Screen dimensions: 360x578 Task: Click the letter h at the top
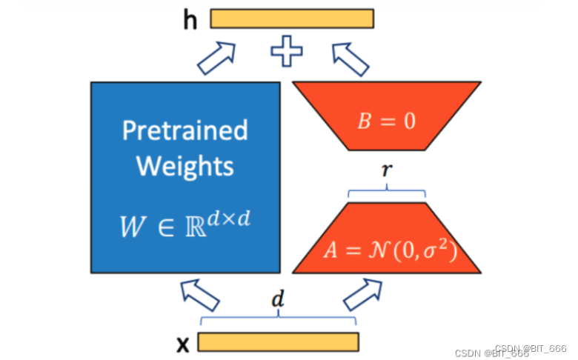pyautogui.click(x=191, y=20)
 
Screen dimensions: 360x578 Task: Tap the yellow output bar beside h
pyautogui.click(x=292, y=19)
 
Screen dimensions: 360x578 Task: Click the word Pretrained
pyautogui.click(x=185, y=130)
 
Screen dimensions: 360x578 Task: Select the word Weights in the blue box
pyautogui.click(x=185, y=165)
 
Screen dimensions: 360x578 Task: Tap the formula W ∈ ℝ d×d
pyautogui.click(x=185, y=223)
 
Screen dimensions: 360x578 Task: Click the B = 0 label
pyautogui.click(x=387, y=121)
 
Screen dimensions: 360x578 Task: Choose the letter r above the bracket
pyautogui.click(x=385, y=170)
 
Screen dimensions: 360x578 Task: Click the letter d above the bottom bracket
pyautogui.click(x=278, y=300)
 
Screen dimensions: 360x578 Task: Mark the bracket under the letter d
pyautogui.click(x=278, y=318)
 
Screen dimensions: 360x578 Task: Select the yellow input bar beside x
pyautogui.click(x=278, y=341)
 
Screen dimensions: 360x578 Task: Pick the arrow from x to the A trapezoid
pyautogui.click(x=361, y=295)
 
